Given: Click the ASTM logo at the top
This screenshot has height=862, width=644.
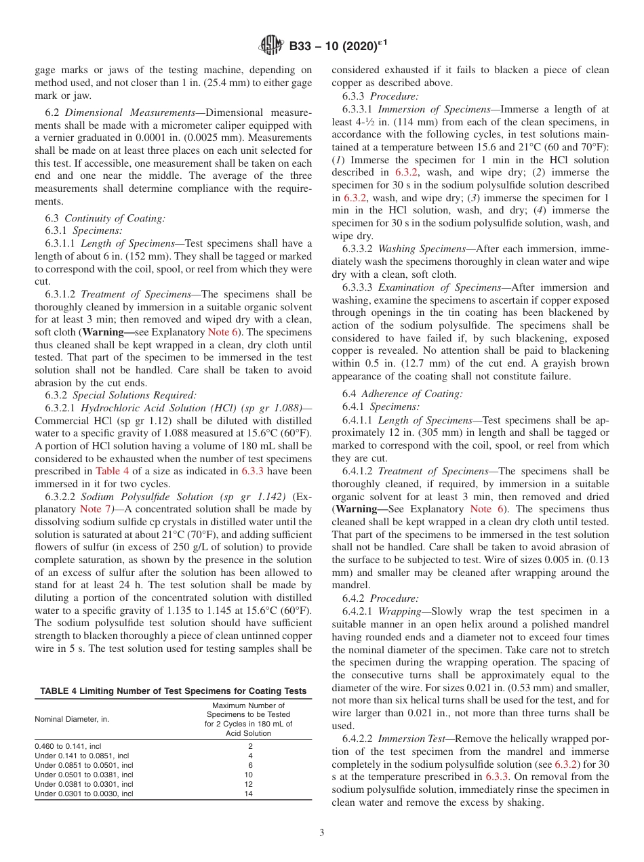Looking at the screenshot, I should [x=272, y=47].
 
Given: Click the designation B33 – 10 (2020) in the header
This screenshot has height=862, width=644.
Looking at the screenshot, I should [x=334, y=47].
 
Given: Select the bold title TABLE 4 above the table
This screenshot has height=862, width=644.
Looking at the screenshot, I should [x=174, y=691].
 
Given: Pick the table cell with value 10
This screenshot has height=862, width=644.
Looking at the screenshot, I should [x=248, y=774].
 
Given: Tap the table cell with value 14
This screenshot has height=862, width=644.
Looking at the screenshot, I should [x=248, y=793].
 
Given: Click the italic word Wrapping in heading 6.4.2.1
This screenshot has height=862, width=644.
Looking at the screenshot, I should [x=400, y=611].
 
